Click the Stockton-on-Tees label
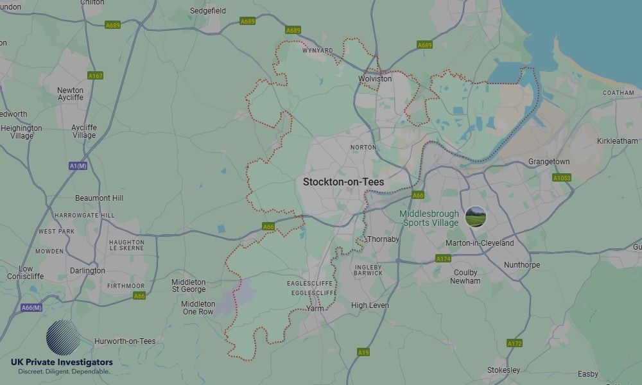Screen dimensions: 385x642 343,182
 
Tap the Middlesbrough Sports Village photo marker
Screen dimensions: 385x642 476,217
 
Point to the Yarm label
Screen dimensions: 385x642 315,309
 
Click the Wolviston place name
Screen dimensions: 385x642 375,79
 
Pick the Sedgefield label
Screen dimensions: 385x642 208,11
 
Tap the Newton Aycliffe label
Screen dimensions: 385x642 71,94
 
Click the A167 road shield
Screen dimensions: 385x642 96,76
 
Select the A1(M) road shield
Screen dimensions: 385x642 78,166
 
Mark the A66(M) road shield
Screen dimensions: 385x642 31,308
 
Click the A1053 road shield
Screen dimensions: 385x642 561,178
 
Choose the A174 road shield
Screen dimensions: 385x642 444,259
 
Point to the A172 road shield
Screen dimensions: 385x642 514,343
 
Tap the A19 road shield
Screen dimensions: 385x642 363,352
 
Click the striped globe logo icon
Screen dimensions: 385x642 64,338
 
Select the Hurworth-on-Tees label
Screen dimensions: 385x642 125,341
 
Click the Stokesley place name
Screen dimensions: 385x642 503,370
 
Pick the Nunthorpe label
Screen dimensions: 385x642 522,265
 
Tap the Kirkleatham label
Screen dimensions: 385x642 618,141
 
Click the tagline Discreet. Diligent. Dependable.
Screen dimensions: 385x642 64,372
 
